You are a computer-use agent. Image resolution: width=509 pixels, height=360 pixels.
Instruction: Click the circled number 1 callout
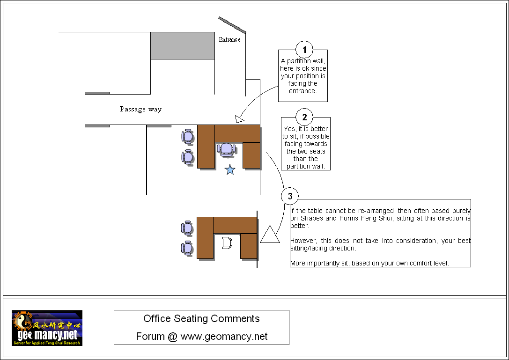(304, 49)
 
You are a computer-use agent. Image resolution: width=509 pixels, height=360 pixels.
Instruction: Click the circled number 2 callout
(304, 117)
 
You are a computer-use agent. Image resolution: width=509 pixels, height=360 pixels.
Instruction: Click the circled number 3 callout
(290, 196)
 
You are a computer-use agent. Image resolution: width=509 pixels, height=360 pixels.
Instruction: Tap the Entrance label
(229, 40)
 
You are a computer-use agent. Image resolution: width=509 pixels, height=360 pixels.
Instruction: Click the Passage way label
(140, 110)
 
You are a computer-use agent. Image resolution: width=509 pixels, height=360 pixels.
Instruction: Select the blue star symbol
(230, 170)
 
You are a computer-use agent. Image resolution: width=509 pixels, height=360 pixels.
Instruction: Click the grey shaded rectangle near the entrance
(182, 45)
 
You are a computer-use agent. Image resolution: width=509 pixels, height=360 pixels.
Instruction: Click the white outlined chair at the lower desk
(227, 242)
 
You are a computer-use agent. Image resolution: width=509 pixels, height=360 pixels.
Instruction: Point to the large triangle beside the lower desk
(269, 235)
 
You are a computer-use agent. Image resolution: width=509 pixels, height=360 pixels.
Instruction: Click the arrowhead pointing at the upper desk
(240, 119)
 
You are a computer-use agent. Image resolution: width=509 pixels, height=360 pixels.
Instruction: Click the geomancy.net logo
(47, 328)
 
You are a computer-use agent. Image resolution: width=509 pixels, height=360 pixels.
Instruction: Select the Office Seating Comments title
(201, 319)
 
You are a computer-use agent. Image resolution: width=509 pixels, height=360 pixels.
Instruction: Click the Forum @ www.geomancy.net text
(201, 336)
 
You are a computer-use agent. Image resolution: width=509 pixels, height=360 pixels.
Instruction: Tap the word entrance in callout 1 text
(302, 91)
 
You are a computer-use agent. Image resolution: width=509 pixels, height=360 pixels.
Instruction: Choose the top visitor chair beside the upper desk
(187, 136)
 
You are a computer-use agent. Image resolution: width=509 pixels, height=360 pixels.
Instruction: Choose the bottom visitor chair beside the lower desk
(187, 248)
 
